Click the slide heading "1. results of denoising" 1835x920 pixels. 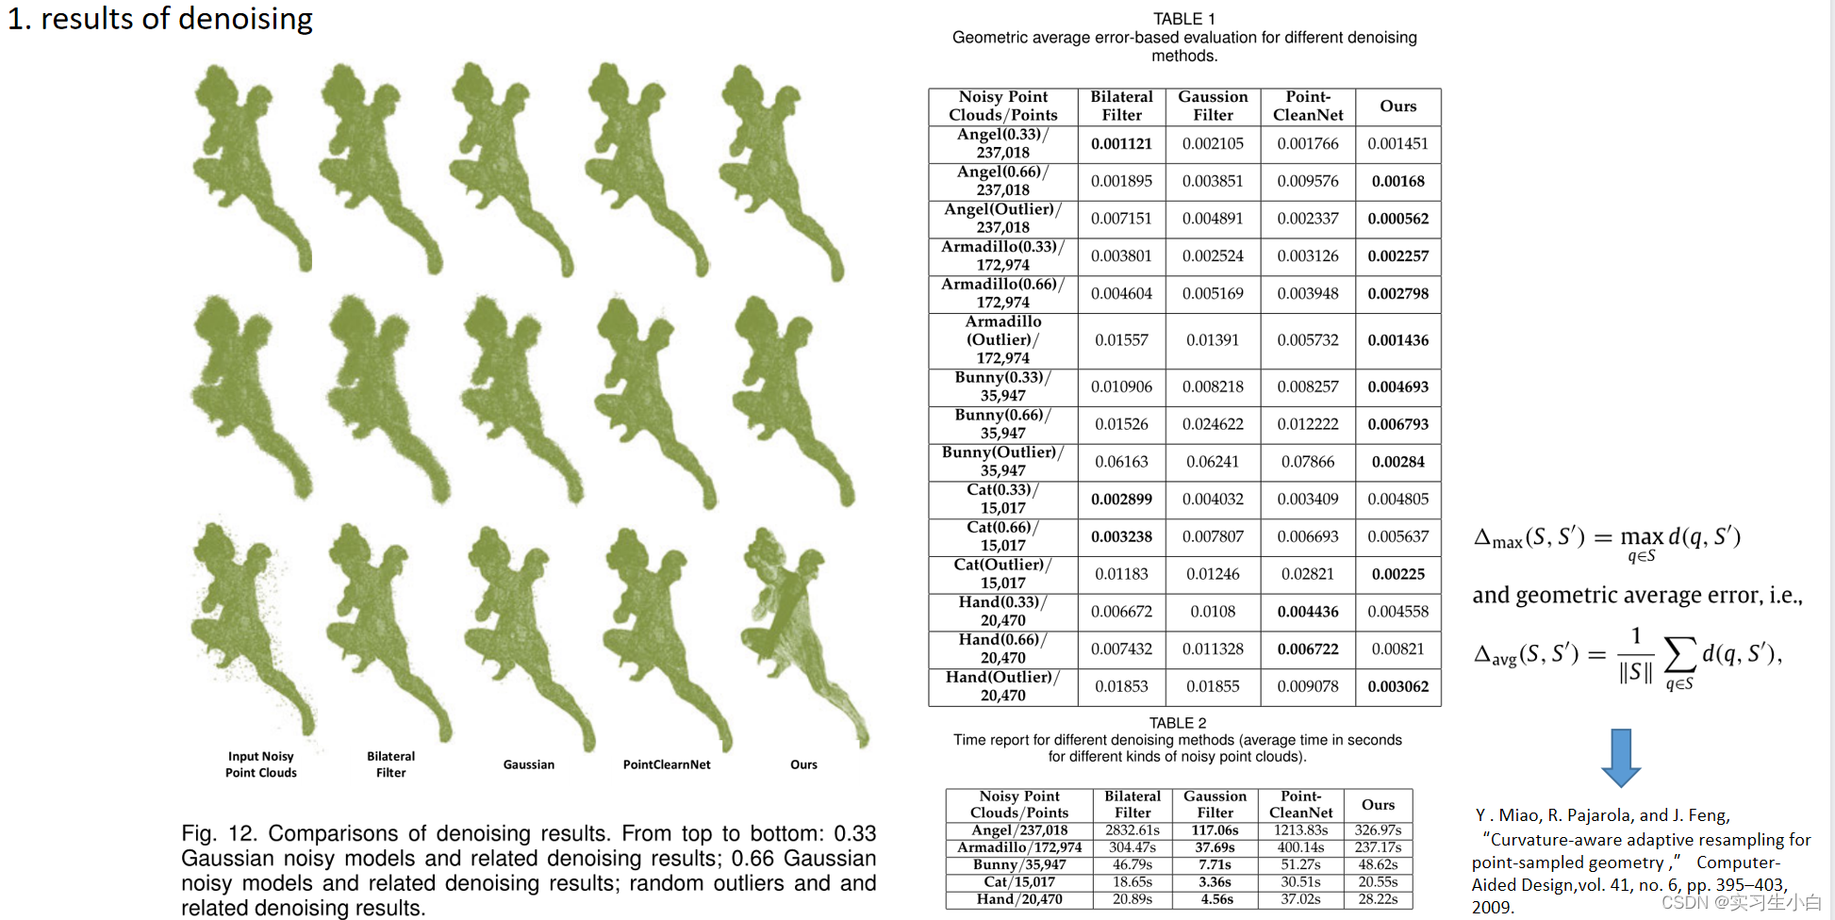click(x=160, y=19)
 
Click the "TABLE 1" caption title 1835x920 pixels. click(x=1183, y=19)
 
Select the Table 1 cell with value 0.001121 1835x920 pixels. click(x=1121, y=144)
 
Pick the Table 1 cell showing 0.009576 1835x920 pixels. click(x=1307, y=181)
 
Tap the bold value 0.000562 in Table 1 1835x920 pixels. click(x=1397, y=219)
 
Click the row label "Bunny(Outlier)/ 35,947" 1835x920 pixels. click(x=1002, y=462)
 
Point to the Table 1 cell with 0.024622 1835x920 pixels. click(x=1213, y=424)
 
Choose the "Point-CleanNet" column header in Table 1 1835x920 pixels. click(x=1307, y=107)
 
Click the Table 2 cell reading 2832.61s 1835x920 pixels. click(x=1132, y=830)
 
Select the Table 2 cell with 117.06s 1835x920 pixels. click(x=1215, y=830)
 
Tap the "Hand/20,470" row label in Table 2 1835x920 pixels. click(x=1019, y=899)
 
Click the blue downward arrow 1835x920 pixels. click(x=1621, y=757)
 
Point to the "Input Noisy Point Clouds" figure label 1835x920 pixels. click(x=260, y=764)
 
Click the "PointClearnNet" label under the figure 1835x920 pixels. click(x=667, y=764)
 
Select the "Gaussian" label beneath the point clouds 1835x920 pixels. click(x=528, y=764)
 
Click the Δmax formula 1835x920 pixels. click(x=1607, y=539)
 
